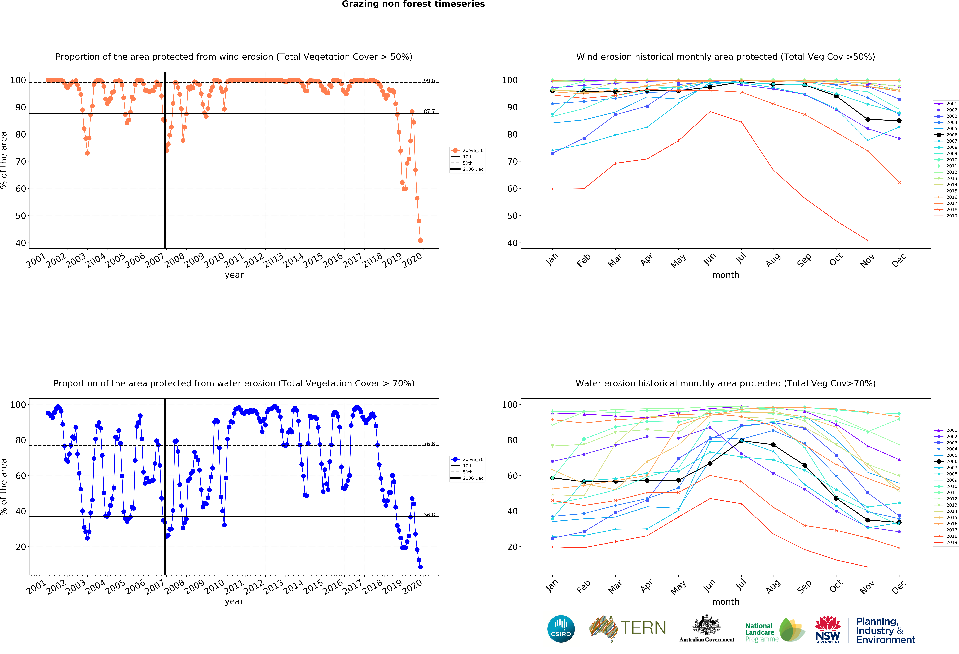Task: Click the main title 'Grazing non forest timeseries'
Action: [413, 4]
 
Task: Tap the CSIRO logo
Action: [561, 629]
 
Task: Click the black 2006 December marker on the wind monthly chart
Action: [899, 121]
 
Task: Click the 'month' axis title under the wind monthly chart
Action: [725, 275]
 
